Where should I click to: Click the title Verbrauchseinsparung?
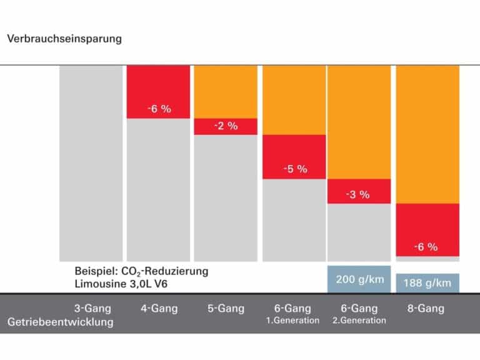pyautogui.click(x=64, y=39)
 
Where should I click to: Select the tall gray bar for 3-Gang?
pyautogui.click(x=91, y=162)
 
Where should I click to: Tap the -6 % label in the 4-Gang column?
pyautogui.click(x=159, y=109)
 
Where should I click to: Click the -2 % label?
pyautogui.click(x=226, y=126)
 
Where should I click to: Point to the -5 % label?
pyautogui.click(x=294, y=169)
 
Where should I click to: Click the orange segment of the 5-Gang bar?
pyautogui.click(x=226, y=91)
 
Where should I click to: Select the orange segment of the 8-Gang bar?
pyautogui.click(x=428, y=134)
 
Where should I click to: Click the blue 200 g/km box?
pyautogui.click(x=359, y=279)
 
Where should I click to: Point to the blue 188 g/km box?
pyautogui.click(x=427, y=283)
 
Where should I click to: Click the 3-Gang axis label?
pyautogui.click(x=92, y=308)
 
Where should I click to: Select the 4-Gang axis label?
pyautogui.click(x=159, y=308)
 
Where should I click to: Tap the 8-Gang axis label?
pyautogui.click(x=426, y=308)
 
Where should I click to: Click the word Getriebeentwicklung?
pyautogui.click(x=61, y=322)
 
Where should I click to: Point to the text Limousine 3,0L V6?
pyautogui.click(x=121, y=284)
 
